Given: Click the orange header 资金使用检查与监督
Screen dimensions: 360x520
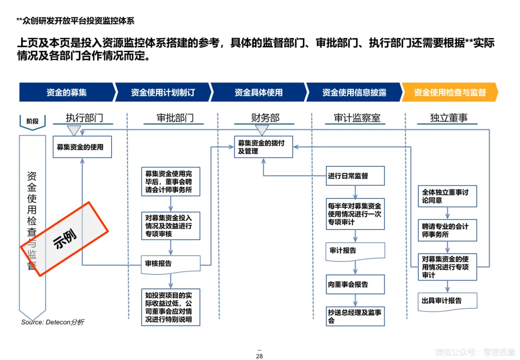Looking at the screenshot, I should tap(450, 92).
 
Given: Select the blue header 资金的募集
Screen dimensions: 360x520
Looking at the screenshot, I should tap(67, 92).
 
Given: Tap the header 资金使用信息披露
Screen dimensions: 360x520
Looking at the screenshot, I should tap(354, 92).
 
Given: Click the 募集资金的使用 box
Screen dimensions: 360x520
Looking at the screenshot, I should tap(82, 147).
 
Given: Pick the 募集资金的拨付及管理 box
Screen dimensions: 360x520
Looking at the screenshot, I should tap(264, 147).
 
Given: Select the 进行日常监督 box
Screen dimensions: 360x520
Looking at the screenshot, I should tap(355, 176).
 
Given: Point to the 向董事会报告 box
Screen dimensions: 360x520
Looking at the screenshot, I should tap(355, 284).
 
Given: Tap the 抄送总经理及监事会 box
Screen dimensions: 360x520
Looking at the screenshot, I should tap(355, 316).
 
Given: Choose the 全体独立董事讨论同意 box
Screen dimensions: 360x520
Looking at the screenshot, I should tap(447, 196).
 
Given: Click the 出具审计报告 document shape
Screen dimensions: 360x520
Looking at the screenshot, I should tap(447, 301).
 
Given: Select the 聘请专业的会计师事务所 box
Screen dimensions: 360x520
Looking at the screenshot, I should tap(447, 230).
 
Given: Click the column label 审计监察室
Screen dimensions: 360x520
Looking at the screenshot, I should tap(357, 118).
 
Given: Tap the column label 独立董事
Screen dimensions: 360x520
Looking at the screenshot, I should tap(448, 118).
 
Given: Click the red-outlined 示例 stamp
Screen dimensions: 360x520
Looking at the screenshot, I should tap(65, 238).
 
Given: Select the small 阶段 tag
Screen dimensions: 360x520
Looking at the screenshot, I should tap(32, 121).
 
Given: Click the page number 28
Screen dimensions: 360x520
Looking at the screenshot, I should tap(259, 356).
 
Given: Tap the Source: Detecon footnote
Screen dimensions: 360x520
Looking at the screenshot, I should tap(52, 322).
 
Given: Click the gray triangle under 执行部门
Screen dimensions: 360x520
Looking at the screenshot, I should tap(74, 130).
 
